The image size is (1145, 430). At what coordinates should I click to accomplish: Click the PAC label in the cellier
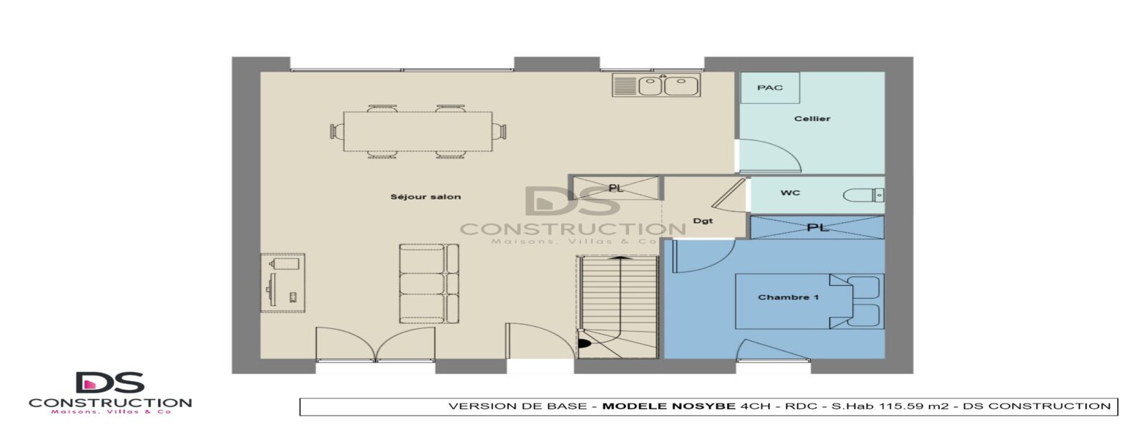[x=770, y=87]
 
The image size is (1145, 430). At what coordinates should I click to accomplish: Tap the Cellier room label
[x=812, y=119]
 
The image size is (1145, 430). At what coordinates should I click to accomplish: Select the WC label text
[x=790, y=193]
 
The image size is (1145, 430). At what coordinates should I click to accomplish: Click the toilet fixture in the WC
[x=863, y=195]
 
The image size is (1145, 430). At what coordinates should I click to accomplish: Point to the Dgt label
[x=703, y=221]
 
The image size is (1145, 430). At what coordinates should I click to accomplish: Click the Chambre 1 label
[x=788, y=297]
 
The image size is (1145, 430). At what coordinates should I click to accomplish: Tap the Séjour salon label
[x=425, y=196]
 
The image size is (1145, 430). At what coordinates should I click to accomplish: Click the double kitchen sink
[x=656, y=85]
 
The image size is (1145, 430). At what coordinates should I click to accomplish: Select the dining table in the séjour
[x=418, y=132]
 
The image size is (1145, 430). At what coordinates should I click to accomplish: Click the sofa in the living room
[x=429, y=284]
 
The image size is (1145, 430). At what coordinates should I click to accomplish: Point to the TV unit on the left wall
[x=283, y=282]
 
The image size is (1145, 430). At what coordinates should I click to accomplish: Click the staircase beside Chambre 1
[x=617, y=307]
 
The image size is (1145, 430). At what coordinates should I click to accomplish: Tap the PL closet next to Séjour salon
[x=615, y=188]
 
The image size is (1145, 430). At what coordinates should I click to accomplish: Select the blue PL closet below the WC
[x=817, y=227]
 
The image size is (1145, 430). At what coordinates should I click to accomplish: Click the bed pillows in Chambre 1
[x=864, y=302]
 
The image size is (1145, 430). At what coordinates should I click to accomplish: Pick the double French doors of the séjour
[x=376, y=344]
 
